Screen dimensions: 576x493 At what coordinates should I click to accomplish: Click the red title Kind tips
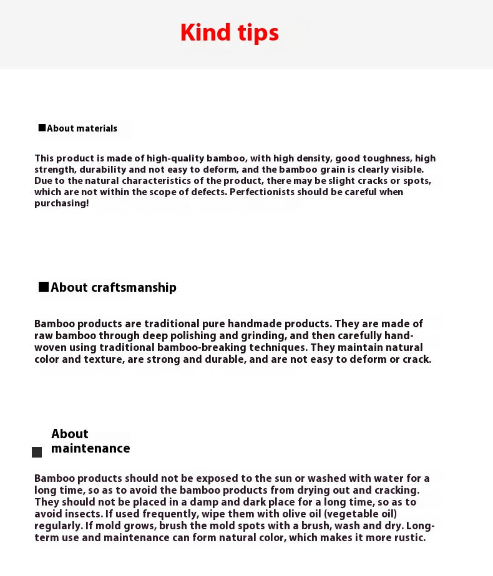[x=230, y=32]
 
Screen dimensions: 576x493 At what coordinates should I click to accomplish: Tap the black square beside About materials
[x=42, y=128]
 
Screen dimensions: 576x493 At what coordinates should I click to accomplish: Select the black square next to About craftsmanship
[x=44, y=287]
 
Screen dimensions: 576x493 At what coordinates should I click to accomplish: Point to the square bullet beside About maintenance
[x=37, y=452]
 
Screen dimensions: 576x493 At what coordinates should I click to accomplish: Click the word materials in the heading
[x=97, y=128]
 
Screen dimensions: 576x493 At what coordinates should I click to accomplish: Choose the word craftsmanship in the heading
[x=134, y=287]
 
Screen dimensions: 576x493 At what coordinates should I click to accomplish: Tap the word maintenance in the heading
[x=90, y=448]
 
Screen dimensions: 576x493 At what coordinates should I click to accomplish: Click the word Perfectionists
[x=262, y=192]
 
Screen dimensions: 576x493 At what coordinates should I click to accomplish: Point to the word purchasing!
[x=62, y=203]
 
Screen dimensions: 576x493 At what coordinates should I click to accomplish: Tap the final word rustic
[x=408, y=537]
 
